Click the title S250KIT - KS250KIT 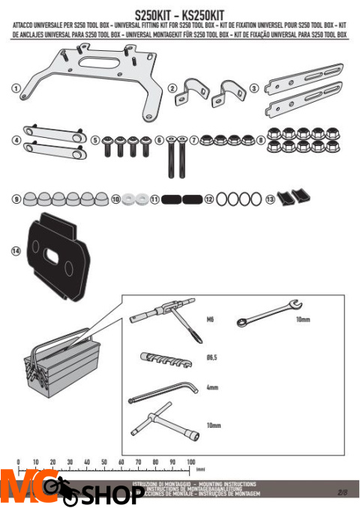tap(180, 14)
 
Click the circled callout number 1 tap(16, 88)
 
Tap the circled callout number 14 tap(16, 251)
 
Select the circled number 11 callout tap(154, 200)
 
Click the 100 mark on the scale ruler tap(190, 462)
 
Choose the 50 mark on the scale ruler tap(104, 462)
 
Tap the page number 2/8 tap(343, 492)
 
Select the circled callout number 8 tap(260, 139)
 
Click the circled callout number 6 tap(159, 139)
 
